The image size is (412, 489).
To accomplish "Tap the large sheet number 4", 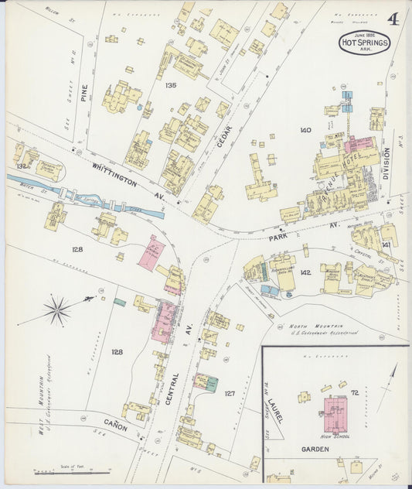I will point(393,19).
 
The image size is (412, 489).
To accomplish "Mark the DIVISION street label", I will point(386,164).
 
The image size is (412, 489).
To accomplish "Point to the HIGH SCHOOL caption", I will point(334,436).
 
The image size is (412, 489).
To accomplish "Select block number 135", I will point(170,85).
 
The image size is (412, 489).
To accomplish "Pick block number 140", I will point(305,130).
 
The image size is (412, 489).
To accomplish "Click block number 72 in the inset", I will point(355,393).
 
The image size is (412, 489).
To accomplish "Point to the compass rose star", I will point(57,310).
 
